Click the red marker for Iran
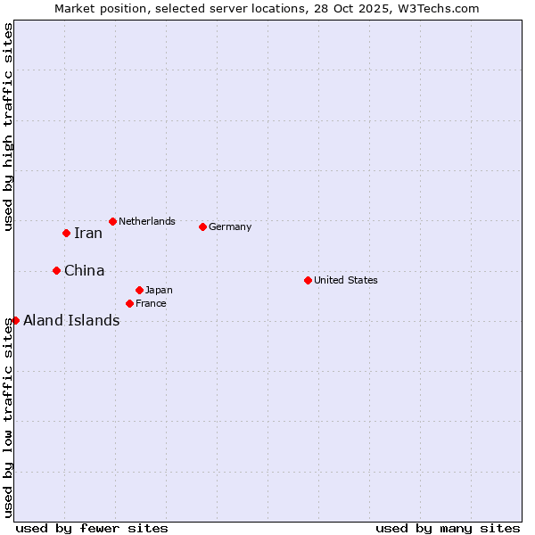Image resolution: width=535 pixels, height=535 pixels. point(66,233)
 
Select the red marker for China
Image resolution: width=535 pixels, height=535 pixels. point(56,270)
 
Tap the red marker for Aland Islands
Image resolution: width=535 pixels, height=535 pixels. point(15,320)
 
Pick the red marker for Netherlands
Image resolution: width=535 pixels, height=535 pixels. point(112,221)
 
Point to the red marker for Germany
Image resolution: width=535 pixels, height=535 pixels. point(202,226)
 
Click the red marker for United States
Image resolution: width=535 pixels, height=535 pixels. point(308,280)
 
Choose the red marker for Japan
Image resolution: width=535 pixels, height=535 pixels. point(139,290)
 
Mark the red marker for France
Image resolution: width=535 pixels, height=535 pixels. point(129,303)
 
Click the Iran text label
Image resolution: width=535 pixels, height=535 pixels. point(88,234)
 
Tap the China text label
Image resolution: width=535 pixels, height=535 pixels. point(85,271)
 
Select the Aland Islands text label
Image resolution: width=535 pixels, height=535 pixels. point(71,321)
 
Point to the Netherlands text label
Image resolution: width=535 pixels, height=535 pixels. point(147,221)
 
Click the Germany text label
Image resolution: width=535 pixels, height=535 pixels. point(230,226)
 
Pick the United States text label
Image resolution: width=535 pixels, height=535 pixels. point(346,280)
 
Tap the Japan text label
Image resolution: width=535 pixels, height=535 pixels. point(159,290)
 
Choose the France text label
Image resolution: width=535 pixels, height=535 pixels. point(151,303)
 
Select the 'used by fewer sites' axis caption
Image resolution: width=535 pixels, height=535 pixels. point(92,528)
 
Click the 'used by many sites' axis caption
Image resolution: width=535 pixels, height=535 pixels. point(448,528)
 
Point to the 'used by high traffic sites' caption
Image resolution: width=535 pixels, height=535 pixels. point(8,128)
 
